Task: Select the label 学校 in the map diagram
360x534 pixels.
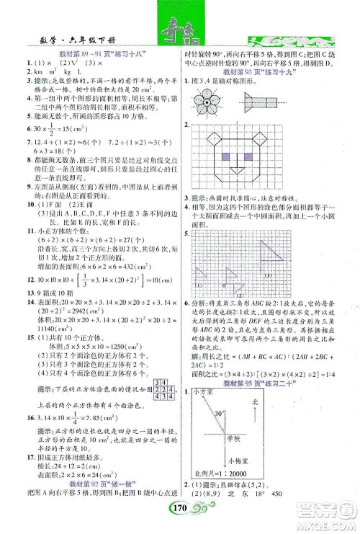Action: pos(252,438)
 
